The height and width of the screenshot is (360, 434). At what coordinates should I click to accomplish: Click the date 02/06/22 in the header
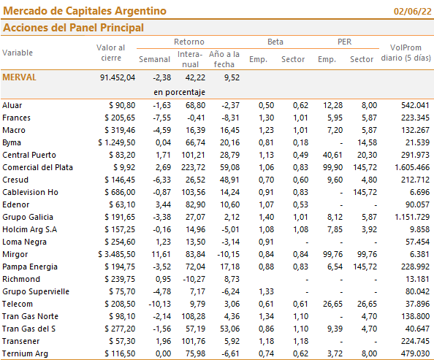point(412,12)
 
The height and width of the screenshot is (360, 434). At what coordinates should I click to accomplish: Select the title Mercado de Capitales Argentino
point(85,11)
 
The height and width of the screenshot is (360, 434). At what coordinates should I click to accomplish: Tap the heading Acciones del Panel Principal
point(73,28)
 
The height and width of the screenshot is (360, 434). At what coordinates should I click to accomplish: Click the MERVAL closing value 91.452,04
point(118,77)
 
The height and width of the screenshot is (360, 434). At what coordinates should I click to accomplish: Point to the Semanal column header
point(154,59)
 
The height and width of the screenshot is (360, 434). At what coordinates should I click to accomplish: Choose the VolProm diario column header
point(406,53)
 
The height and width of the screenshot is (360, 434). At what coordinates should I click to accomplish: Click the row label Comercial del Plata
point(38,167)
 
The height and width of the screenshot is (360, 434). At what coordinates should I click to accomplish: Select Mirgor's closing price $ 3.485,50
point(116,254)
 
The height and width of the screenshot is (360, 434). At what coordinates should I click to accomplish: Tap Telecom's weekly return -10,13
point(160,304)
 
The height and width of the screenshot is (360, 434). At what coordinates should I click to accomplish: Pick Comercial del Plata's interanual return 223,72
point(193,167)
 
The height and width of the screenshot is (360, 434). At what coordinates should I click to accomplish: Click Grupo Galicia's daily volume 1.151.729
point(412,217)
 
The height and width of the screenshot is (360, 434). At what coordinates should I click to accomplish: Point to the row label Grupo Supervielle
point(36,291)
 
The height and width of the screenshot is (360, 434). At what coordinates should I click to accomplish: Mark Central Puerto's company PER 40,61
point(332,155)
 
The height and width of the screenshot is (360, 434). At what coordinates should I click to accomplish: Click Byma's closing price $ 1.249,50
point(116,142)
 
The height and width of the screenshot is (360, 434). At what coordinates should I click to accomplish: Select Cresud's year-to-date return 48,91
point(229,180)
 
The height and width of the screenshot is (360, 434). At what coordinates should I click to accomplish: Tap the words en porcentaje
point(179,92)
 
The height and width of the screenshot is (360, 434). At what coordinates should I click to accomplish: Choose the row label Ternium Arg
point(25,353)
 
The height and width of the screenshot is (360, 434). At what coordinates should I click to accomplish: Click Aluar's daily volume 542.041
point(415,105)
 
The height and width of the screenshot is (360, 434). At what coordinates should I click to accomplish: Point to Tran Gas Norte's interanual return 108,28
point(193,316)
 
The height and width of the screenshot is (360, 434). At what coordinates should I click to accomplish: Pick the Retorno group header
point(189,42)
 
